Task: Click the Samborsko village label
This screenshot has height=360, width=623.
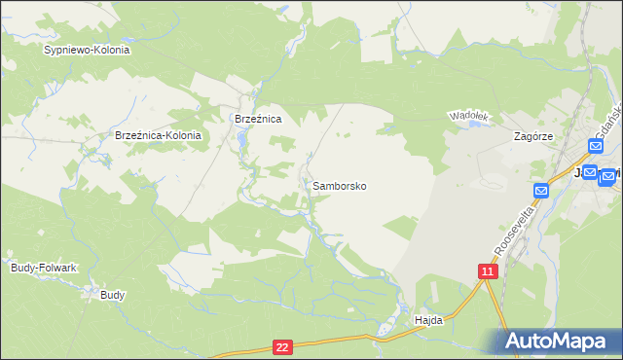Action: [x=340, y=185]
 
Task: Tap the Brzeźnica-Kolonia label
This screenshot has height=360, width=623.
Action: [x=158, y=136]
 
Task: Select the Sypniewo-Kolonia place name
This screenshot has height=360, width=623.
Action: [x=87, y=49]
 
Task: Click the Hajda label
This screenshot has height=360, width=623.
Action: [x=428, y=319]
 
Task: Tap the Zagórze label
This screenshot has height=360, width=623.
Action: [x=533, y=137]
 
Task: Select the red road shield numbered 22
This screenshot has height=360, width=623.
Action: [x=282, y=346]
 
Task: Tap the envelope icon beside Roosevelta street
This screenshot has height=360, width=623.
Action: [x=542, y=190]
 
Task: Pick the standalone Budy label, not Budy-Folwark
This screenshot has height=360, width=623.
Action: [x=113, y=294]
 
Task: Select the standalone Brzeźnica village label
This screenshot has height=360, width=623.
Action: [x=258, y=119]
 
